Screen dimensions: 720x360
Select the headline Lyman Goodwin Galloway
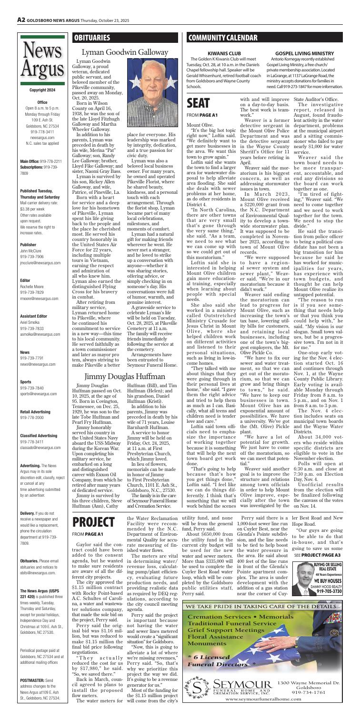[122, 54]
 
